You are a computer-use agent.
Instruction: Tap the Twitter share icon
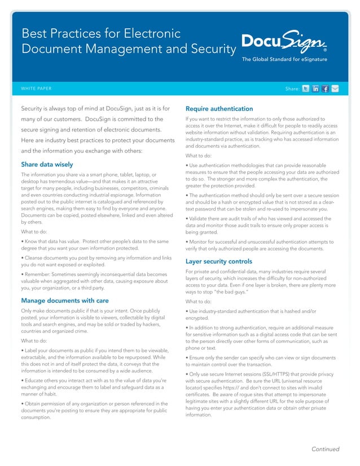[x=306, y=89]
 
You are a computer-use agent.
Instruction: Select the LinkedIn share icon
[x=316, y=89]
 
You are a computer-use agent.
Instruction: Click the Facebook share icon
[x=326, y=89]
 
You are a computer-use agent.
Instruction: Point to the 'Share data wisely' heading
[x=47, y=165]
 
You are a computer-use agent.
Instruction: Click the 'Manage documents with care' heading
[x=65, y=300]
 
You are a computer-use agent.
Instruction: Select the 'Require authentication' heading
[x=219, y=108]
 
